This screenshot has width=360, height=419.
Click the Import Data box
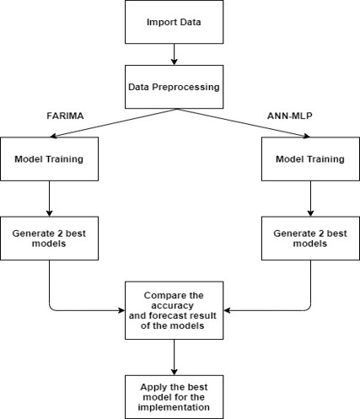click(x=174, y=21)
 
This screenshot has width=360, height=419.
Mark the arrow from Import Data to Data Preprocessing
click(x=174, y=55)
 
